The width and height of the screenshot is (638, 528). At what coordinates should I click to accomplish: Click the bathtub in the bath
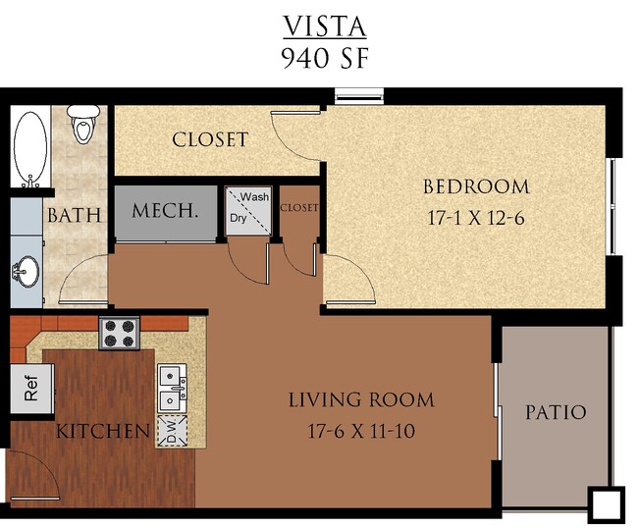pos(31,148)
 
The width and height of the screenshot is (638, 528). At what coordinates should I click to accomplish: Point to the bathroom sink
pos(27,269)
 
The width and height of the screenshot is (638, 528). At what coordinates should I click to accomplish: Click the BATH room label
pos(75,214)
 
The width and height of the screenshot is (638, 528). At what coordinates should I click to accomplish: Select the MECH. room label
pos(166,211)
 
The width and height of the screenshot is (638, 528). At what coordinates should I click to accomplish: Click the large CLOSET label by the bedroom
pos(210,139)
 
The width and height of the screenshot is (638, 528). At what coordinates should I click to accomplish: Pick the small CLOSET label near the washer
pos(299,208)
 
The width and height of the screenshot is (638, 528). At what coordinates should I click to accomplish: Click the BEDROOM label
pos(475,186)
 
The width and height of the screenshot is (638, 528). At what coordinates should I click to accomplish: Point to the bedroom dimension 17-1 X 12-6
pos(475,218)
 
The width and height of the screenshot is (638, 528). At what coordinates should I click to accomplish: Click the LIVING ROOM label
pos(360,399)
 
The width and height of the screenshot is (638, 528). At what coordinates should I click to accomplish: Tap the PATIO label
pos(556,412)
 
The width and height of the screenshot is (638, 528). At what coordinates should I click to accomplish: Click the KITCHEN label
pos(102,431)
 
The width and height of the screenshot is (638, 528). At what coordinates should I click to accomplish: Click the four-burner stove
pos(120,333)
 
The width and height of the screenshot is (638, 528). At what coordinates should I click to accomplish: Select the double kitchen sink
pos(173,388)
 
